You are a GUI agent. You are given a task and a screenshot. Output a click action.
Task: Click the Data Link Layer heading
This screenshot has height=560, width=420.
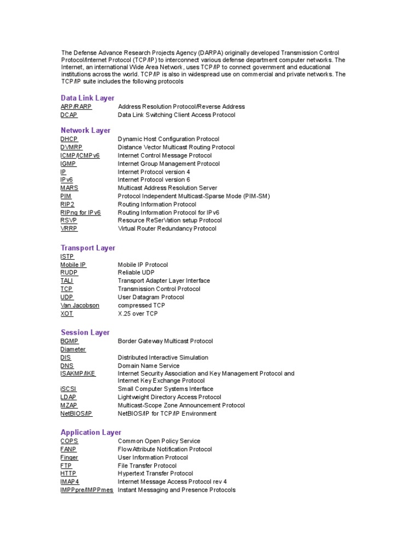tap(87, 98)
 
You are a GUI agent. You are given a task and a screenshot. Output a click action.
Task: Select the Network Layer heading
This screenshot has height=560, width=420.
tap(85, 130)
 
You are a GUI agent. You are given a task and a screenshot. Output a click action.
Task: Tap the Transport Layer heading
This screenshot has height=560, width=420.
tap(88, 248)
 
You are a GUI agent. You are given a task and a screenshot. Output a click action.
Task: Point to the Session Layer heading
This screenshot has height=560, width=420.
tap(85, 332)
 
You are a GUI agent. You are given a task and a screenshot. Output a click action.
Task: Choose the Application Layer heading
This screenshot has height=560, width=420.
tap(91, 432)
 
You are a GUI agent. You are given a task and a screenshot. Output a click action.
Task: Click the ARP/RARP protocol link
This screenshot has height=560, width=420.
tap(76, 107)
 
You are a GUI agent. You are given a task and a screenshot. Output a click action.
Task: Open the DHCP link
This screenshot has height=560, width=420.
tap(69, 139)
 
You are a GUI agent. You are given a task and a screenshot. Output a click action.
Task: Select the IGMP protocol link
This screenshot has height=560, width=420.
tap(68, 164)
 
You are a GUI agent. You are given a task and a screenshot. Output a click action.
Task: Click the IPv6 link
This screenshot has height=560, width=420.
tap(66, 180)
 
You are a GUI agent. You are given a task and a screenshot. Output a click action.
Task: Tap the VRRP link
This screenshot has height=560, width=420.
tap(69, 229)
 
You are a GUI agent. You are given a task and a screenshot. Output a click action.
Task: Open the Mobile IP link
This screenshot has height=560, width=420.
tap(73, 265)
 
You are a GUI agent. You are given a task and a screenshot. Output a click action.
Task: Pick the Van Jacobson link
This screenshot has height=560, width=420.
tap(80, 305)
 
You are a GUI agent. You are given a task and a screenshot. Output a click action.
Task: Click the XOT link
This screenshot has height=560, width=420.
tap(67, 313)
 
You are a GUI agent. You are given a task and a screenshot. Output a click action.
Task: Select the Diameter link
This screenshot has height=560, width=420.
tap(73, 349)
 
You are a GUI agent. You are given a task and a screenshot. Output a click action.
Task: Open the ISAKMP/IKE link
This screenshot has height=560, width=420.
tap(78, 374)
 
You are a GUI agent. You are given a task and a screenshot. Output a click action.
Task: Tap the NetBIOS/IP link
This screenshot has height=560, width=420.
tap(76, 413)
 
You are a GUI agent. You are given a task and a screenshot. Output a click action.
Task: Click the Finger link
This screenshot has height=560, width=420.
tap(69, 457)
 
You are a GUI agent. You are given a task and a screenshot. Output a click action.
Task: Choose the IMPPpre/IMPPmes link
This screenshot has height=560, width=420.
tap(86, 490)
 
